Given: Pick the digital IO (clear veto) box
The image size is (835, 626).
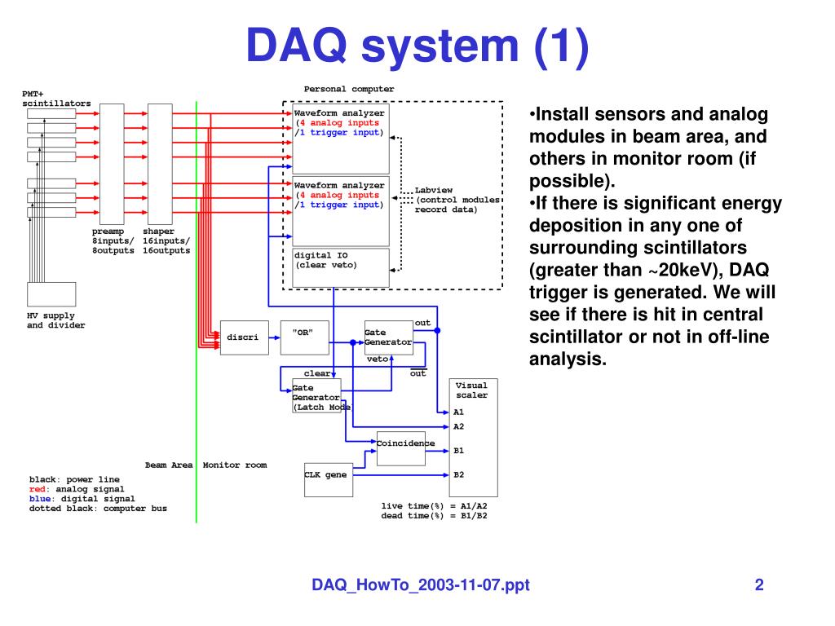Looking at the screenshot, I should click(341, 267).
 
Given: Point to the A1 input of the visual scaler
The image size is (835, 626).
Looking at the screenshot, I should click(458, 412).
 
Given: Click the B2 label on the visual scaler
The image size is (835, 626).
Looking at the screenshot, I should click(458, 474).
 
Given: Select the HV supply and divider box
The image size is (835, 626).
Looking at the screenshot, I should click(51, 294).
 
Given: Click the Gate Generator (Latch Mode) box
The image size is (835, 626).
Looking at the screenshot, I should click(316, 397).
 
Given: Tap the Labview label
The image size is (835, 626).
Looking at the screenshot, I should click(433, 190).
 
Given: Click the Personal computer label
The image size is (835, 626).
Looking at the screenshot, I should click(348, 89).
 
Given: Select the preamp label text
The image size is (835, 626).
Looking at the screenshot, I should click(108, 231).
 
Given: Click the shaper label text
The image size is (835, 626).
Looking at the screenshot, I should click(158, 231).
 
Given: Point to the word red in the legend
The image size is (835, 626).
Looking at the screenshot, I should click(37, 489).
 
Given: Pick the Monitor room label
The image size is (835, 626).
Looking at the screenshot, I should click(234, 465).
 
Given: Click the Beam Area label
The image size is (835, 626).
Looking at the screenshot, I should click(169, 465).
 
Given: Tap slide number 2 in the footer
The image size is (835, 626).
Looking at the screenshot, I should click(758, 584).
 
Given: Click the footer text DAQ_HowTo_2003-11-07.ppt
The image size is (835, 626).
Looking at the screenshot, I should click(421, 584).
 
